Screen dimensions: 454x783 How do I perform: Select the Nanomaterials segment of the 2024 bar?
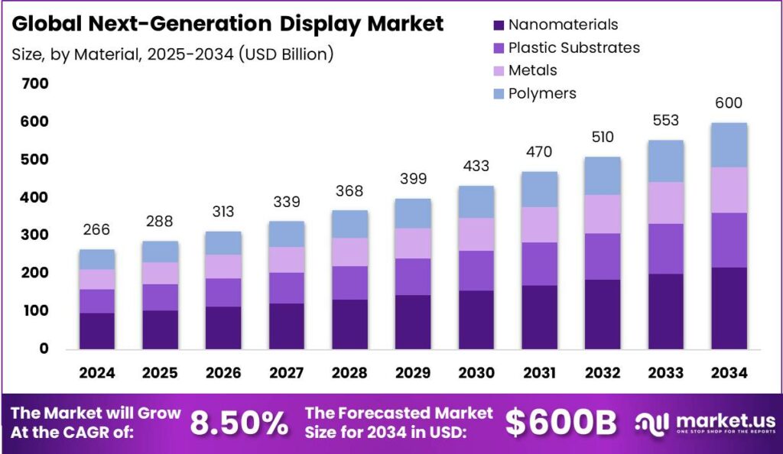coord(97,330)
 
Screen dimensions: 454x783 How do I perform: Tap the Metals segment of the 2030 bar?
coord(476,234)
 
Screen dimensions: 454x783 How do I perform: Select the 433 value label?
coord(476,166)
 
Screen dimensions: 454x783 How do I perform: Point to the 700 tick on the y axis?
coord(34,83)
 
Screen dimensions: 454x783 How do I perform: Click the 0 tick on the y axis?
coord(44,349)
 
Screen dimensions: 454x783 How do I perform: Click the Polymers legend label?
coord(542,93)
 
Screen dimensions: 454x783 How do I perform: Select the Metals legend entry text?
coord(533,70)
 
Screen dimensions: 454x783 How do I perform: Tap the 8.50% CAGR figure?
coord(239,423)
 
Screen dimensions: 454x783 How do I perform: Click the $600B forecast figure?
coord(560,423)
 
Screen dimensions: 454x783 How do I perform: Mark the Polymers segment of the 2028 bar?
coord(350,224)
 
